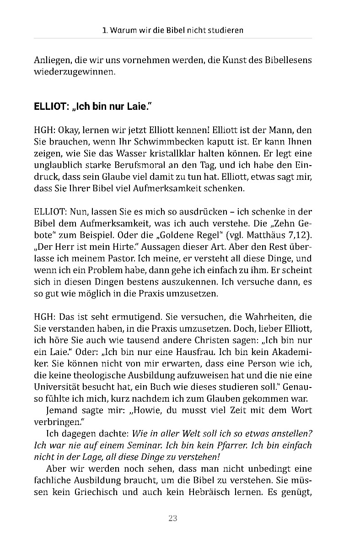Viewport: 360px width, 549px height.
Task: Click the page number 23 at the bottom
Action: coord(172,518)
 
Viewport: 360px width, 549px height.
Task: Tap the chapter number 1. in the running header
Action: coord(105,31)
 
